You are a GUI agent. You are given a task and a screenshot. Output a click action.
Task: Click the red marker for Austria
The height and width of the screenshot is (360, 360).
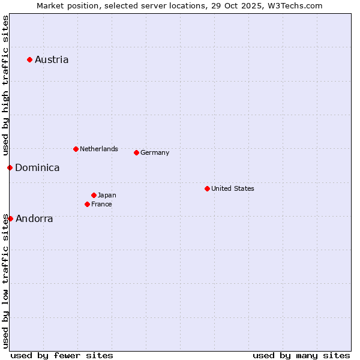(29, 59)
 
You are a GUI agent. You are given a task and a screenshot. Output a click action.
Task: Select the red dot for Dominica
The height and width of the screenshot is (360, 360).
(10, 167)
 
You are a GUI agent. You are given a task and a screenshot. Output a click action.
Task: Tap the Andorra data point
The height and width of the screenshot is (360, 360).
(10, 218)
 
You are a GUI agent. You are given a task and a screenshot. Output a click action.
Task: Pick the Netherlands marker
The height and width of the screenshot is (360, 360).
(76, 149)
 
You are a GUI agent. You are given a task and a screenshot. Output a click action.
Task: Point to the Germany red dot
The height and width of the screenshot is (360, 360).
(136, 152)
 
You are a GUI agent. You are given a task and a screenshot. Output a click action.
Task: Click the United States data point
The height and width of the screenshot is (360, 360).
(207, 188)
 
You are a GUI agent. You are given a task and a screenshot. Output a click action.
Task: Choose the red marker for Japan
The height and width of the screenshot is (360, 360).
(94, 195)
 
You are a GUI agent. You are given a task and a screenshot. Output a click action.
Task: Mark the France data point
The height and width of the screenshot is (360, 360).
(87, 204)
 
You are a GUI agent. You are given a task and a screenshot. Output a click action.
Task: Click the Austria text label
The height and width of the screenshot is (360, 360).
(52, 59)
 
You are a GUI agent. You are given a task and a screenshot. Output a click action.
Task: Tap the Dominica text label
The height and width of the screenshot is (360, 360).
(37, 167)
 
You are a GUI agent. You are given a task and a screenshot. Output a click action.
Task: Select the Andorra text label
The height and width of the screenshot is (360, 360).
(34, 218)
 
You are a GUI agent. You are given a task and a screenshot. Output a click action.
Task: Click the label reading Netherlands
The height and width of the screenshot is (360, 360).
(99, 149)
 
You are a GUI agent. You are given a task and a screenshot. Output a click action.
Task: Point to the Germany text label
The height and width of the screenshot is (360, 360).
(155, 152)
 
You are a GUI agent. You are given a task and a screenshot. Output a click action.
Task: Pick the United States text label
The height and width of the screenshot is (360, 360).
(233, 188)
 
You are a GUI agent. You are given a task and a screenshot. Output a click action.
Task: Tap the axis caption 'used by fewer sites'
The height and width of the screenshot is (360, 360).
(62, 355)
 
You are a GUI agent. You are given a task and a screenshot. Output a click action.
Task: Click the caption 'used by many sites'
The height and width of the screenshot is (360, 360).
(301, 355)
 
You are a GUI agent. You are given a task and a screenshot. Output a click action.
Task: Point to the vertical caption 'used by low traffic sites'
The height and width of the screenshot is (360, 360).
(5, 280)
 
